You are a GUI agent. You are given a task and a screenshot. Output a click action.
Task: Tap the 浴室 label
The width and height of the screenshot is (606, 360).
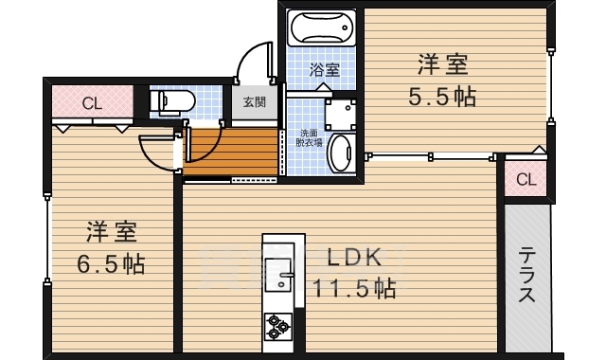325,68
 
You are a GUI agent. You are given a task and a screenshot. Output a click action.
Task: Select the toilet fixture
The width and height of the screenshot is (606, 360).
172,101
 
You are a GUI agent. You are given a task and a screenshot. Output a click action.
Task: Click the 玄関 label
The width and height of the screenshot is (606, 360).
254,101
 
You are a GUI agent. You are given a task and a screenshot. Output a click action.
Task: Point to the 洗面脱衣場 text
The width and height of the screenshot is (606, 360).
311,138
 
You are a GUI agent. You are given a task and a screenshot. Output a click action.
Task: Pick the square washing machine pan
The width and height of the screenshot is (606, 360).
339,115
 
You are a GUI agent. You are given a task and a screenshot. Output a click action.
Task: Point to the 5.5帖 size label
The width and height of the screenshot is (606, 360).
442,96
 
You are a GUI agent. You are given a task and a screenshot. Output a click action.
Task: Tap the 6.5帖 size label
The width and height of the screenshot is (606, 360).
112,262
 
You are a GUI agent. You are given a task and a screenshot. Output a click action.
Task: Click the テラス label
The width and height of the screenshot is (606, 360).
527,276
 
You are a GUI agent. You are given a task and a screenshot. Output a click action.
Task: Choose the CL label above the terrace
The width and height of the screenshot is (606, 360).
526,178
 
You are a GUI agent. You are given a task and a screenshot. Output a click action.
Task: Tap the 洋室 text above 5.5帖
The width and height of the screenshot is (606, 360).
443,65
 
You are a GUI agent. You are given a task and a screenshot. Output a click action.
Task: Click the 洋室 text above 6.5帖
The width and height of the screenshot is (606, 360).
113,230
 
